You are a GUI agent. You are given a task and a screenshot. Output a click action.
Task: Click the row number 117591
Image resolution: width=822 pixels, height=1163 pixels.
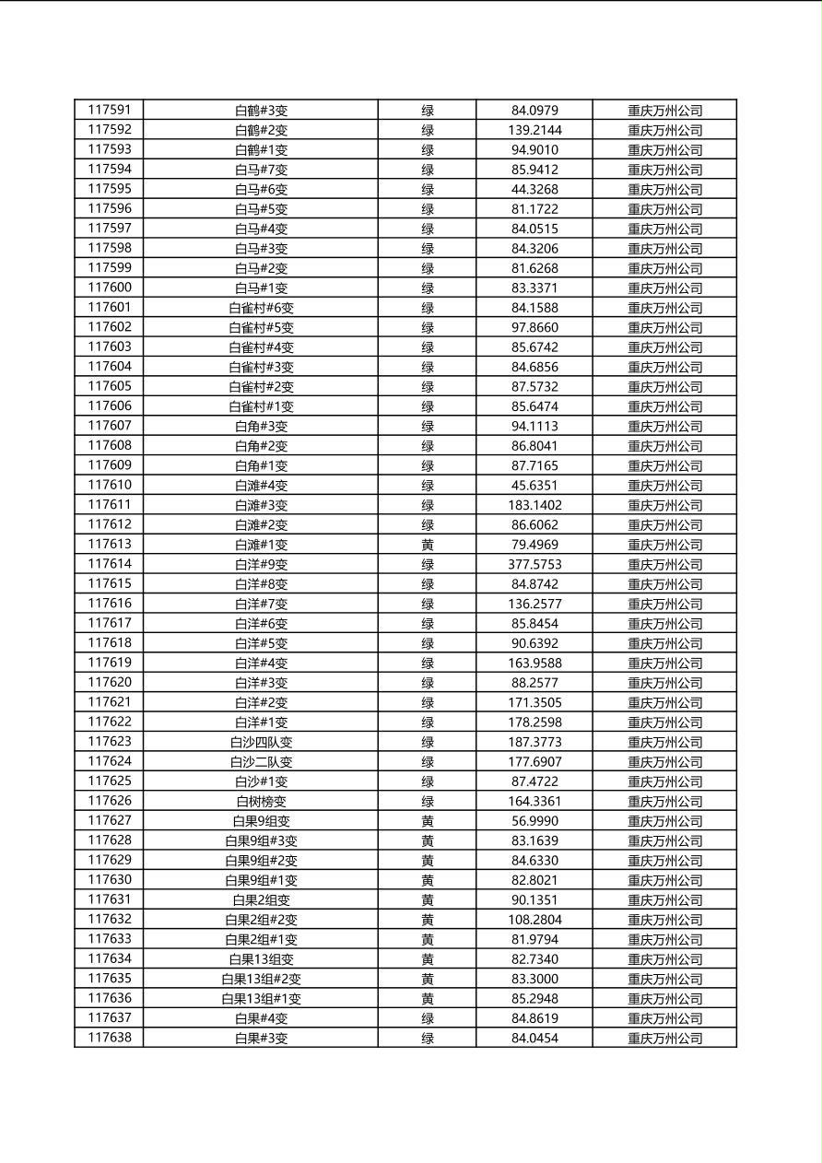tap(109, 110)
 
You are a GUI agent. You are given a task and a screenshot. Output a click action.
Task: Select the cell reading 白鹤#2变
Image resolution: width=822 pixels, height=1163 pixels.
tap(261, 130)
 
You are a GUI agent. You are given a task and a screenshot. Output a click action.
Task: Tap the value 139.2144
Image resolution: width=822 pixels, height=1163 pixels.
tap(534, 130)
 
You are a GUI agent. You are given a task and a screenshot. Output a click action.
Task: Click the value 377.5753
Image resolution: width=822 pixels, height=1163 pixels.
tap(534, 564)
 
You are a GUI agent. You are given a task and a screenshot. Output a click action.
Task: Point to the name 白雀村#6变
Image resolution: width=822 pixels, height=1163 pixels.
tap(261, 308)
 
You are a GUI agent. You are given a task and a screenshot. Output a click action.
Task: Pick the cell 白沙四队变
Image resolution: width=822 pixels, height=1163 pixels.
tap(261, 742)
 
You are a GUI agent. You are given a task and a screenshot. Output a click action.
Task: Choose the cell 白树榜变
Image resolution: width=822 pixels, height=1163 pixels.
tap(261, 801)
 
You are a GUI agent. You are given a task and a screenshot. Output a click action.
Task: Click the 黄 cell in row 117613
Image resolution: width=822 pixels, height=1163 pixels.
tap(428, 545)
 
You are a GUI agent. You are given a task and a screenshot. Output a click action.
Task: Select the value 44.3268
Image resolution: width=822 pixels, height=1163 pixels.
tap(534, 189)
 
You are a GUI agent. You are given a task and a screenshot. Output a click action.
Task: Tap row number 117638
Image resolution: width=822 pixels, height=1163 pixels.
tap(109, 1038)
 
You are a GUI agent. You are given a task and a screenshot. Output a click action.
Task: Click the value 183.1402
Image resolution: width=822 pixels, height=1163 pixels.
tap(534, 505)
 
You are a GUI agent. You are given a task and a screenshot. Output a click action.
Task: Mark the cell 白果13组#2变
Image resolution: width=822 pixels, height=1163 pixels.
tap(261, 979)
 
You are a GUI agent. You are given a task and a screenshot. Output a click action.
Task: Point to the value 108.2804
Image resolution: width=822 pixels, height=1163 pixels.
tap(534, 920)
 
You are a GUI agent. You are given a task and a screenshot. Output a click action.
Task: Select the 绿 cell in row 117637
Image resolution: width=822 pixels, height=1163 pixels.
tap(428, 1018)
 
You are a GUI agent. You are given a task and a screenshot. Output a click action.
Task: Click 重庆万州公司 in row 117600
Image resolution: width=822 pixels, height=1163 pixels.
tap(664, 288)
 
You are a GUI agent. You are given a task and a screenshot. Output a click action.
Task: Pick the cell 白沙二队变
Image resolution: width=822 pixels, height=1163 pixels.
tap(261, 762)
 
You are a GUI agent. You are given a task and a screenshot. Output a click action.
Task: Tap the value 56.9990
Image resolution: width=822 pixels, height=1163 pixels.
tap(534, 821)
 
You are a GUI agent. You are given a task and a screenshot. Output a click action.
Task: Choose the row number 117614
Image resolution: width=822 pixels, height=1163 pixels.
tap(109, 564)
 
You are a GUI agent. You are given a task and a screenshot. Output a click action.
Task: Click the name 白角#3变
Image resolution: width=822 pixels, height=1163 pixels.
tap(261, 426)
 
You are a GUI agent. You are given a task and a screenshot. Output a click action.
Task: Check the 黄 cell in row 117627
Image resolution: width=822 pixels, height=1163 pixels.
tap(428, 821)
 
